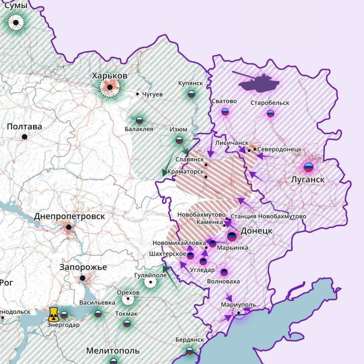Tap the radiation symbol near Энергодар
(x=54, y=314)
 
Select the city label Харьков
(x=110, y=76)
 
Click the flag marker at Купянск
(x=191, y=94)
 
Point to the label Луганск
(x=307, y=179)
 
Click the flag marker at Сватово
(x=225, y=112)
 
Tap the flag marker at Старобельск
(x=270, y=113)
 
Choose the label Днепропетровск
(x=69, y=216)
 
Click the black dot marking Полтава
(x=24, y=137)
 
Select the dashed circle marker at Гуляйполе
(x=150, y=283)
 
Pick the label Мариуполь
(x=239, y=305)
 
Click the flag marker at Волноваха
(x=224, y=272)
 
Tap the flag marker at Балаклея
(x=139, y=120)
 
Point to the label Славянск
(x=190, y=159)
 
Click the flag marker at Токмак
(x=127, y=323)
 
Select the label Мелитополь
(x=113, y=351)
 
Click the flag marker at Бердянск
(x=189, y=351)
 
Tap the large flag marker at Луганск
(x=308, y=167)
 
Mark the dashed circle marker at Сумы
(x=16, y=22)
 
